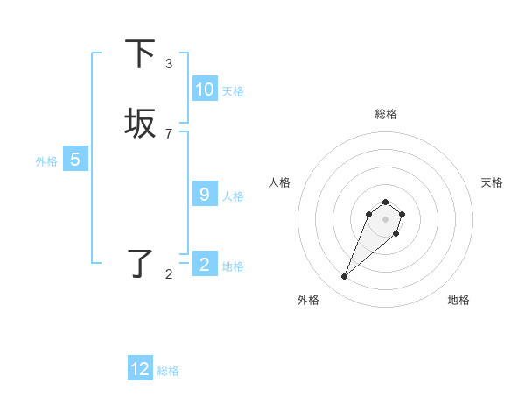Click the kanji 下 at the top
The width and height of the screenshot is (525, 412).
click(140, 54)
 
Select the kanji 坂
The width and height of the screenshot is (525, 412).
click(140, 124)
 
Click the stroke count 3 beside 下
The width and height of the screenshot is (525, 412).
click(169, 63)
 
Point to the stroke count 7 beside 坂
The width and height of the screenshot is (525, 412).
click(169, 133)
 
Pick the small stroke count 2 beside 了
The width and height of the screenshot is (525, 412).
click(169, 274)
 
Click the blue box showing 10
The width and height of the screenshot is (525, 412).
click(204, 89)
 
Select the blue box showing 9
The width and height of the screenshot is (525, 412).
click(204, 195)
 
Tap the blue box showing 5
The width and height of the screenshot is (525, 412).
click(75, 160)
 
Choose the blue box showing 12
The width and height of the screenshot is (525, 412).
click(140, 369)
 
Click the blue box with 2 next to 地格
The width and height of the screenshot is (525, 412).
click(204, 265)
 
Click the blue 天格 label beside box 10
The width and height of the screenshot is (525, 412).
click(233, 91)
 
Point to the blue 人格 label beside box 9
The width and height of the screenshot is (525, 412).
click(233, 196)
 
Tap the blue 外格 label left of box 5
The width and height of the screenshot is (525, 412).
click(46, 161)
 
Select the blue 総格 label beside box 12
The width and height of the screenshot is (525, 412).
click(168, 371)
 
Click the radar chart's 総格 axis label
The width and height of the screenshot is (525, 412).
click(385, 114)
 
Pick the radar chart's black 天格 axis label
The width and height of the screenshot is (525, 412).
click(492, 182)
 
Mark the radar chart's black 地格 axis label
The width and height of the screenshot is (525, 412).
click(458, 301)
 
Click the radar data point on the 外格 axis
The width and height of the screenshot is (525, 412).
click(345, 277)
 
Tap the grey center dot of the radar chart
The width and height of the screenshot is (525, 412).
click(385, 218)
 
